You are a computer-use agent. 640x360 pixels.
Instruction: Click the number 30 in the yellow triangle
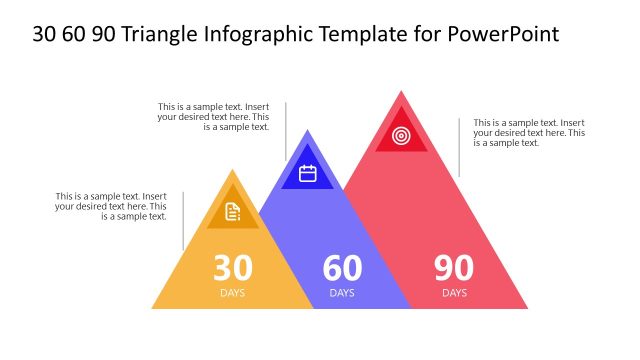pos(233,268)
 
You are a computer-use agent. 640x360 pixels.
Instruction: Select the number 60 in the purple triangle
pos(342,268)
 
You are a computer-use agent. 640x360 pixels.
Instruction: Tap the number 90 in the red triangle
pos(454,268)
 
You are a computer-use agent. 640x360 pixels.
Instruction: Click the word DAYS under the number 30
pos(233,293)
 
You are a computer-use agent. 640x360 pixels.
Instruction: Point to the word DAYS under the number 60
pos(342,293)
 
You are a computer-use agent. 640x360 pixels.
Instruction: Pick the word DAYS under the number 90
pos(454,293)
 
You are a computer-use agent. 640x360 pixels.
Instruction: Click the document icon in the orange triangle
pos(233,211)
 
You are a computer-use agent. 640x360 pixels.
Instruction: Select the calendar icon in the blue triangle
pos(308,173)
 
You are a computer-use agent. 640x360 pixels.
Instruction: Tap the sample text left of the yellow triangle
pos(111,206)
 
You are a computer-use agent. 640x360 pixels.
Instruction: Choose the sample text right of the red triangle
pos(529,133)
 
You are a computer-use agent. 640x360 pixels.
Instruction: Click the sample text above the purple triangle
pos(213,116)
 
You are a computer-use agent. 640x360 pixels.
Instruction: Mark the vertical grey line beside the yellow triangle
pos(183,220)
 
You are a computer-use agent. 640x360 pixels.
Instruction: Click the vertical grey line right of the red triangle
pos(459,147)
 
